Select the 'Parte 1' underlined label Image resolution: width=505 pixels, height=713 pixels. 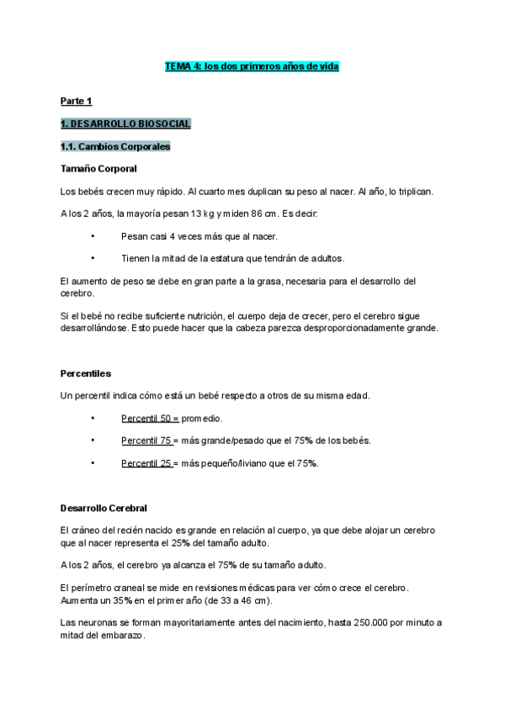click(76, 102)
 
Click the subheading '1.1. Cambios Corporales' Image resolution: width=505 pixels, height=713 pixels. click(115, 146)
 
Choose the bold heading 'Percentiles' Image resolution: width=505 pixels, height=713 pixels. click(86, 372)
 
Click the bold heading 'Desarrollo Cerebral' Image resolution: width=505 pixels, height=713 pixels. click(104, 509)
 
